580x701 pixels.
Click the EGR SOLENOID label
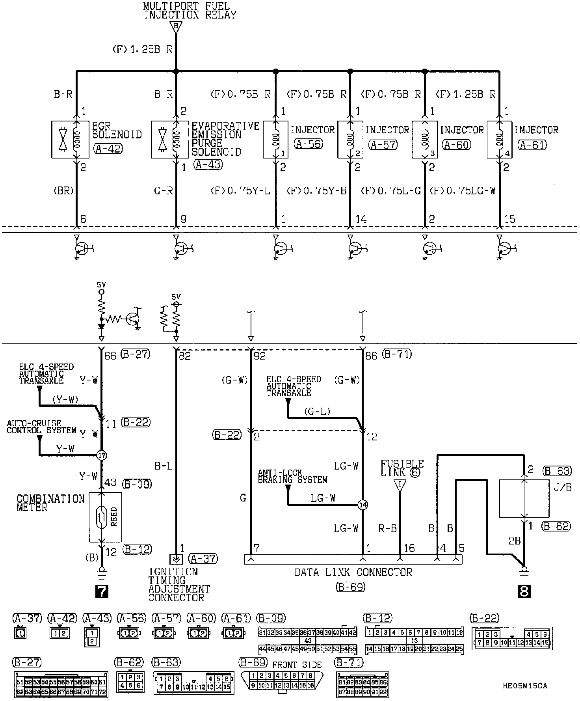[117, 130]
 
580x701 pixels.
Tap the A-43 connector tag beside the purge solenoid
[208, 165]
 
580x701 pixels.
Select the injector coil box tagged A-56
[275, 140]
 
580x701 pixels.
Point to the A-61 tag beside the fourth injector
[532, 145]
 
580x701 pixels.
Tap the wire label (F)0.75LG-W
[462, 191]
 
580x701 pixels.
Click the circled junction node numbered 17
[102, 455]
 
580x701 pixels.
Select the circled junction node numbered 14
[362, 504]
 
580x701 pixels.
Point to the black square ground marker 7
[102, 592]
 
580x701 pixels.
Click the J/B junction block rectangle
[524, 498]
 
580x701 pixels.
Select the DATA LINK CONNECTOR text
[353, 572]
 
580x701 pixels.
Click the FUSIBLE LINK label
[402, 468]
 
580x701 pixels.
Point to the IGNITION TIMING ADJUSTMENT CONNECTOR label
[179, 584]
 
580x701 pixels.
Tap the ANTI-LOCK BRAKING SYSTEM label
[292, 476]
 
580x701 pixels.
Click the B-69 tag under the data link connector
[351, 587]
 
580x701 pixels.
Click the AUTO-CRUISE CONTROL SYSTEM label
[41, 427]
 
